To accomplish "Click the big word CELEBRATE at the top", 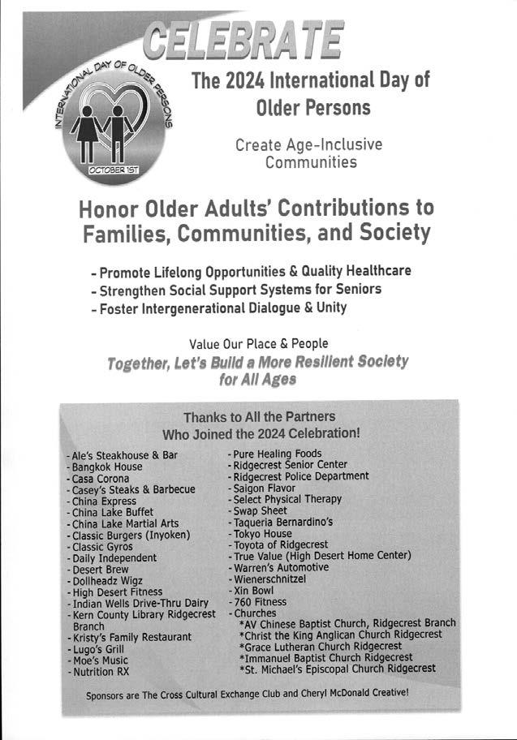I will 243,38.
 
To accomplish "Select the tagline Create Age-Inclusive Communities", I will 308,153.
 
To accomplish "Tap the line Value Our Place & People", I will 259,343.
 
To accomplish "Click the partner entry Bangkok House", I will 106,467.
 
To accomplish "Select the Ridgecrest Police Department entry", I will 299,476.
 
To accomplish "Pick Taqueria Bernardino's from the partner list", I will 288,522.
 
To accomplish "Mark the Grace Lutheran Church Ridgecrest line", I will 320,646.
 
